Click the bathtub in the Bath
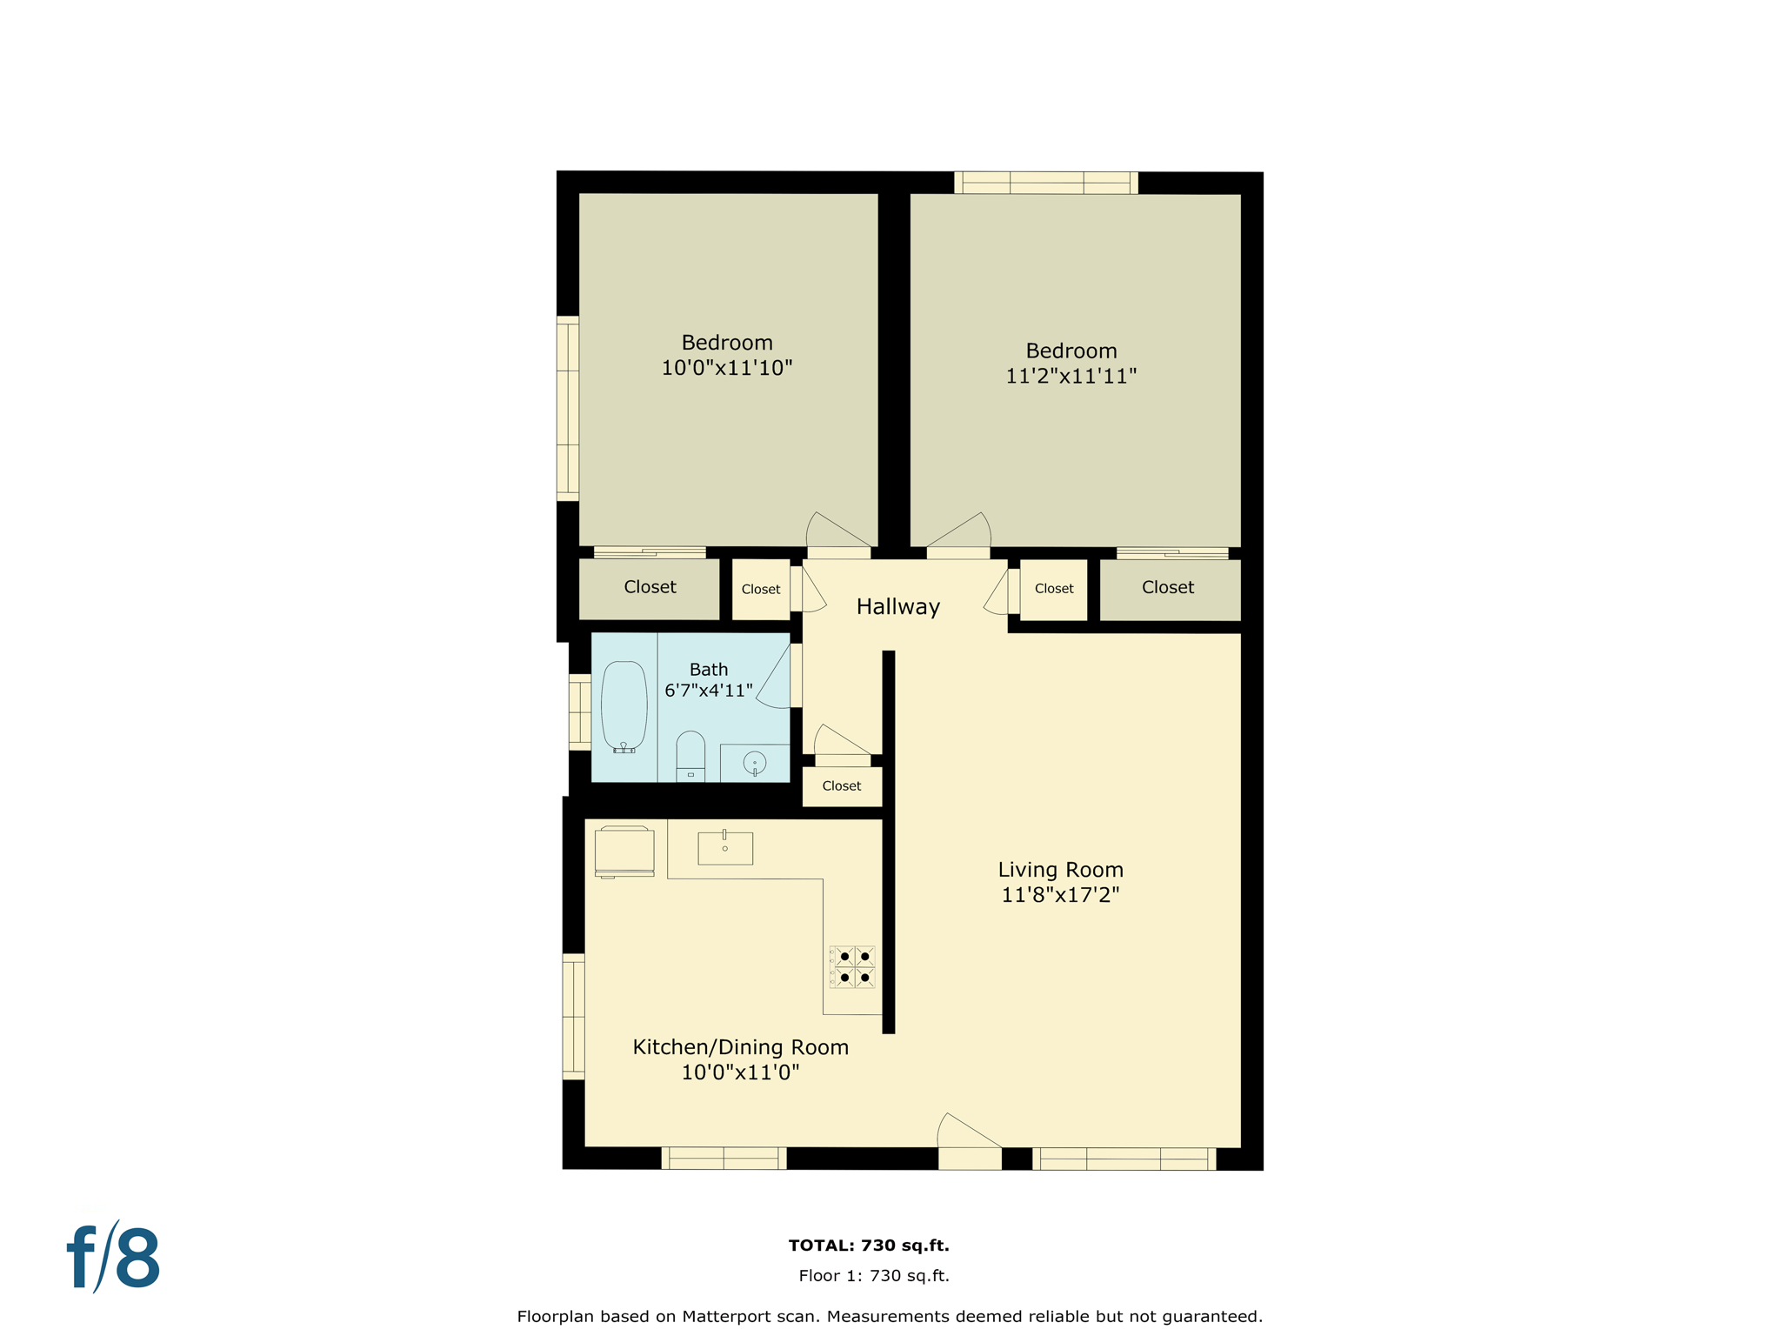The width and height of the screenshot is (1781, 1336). coord(624,706)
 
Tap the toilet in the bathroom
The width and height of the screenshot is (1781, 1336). coord(690,756)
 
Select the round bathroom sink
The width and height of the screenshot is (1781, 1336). coord(754,764)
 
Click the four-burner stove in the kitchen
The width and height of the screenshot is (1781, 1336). coord(852,967)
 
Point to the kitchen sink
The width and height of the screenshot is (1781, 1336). coord(725,848)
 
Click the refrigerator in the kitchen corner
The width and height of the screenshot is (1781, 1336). coord(624,852)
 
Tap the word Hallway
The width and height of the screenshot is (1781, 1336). coord(898,607)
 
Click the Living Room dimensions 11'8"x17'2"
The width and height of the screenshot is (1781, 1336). coord(1060,895)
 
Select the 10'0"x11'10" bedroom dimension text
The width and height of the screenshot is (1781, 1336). coord(727,368)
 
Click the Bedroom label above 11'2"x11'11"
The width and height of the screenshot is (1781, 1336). coord(1071,351)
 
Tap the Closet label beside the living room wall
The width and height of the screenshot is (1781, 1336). coord(842,786)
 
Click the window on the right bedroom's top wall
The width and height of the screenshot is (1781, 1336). coord(1046,183)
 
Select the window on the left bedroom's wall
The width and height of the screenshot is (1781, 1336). coord(568,409)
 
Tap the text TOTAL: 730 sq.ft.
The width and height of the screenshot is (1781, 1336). coord(869,1246)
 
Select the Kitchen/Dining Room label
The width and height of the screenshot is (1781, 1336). coord(741,1047)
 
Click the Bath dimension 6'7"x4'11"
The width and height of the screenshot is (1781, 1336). coord(709,691)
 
